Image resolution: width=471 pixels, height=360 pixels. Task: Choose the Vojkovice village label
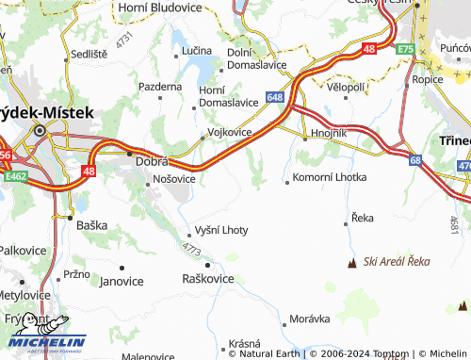pos(229,132)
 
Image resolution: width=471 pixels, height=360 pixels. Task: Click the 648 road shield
pos(275,96)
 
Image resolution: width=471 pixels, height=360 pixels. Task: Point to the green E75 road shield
pos(405,48)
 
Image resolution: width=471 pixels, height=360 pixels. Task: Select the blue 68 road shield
pos(415,160)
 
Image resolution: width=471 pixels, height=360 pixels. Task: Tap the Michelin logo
pos(47,335)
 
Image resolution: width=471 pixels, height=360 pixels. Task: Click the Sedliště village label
pos(88,56)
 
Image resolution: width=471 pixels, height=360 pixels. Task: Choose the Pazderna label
pos(160,86)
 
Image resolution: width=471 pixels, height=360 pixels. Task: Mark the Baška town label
pos(92,226)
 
